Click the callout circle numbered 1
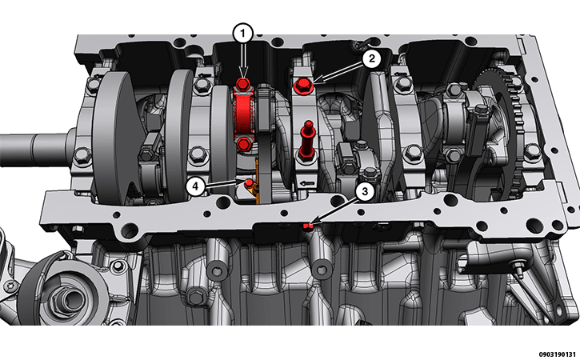tap(242, 34)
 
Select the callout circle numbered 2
tap(371, 58)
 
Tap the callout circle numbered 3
tap(365, 191)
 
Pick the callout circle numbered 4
tap(195, 186)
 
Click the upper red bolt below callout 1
tap(242, 85)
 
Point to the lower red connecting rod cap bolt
tap(243, 143)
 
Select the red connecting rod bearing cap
tap(243, 114)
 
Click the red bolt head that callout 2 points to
tap(303, 86)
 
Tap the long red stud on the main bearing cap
tap(306, 141)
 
